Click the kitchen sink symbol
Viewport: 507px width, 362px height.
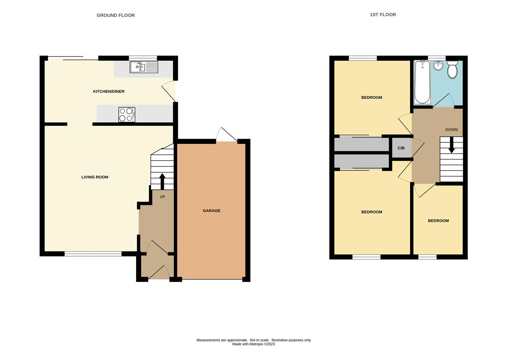click(144, 67)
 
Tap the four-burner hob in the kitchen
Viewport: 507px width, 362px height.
click(127, 115)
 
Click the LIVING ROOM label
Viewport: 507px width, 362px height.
click(95, 177)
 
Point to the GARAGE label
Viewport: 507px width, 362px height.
click(211, 211)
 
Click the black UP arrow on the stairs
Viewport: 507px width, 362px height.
click(162, 181)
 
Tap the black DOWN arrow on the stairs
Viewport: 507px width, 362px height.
click(451, 146)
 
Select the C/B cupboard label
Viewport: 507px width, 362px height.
click(401, 148)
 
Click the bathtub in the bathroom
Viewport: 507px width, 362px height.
click(422, 82)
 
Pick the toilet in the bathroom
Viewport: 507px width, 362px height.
click(452, 69)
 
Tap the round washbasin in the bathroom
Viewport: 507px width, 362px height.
click(438, 66)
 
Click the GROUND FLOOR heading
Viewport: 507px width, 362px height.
click(116, 15)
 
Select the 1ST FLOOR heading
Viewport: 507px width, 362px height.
click(383, 15)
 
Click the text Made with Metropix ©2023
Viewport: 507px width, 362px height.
click(253, 344)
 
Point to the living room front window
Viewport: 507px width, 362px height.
click(93, 254)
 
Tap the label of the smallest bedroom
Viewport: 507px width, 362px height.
click(438, 221)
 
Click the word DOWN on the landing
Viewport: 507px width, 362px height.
click(451, 130)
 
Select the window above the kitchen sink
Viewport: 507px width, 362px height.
click(143, 58)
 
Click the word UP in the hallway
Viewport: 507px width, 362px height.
click(162, 197)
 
